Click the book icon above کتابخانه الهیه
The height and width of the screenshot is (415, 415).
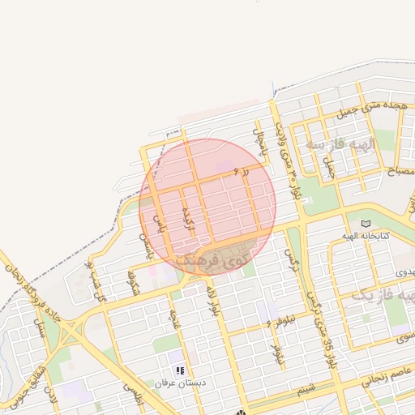click(x=366, y=224)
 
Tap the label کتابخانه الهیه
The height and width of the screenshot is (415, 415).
click(x=374, y=235)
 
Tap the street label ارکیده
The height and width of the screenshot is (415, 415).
click(x=189, y=217)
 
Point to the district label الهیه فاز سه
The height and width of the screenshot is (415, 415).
click(x=340, y=144)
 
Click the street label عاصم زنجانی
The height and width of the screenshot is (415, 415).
click(x=375, y=375)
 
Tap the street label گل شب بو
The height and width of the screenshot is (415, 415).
click(x=96, y=280)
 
